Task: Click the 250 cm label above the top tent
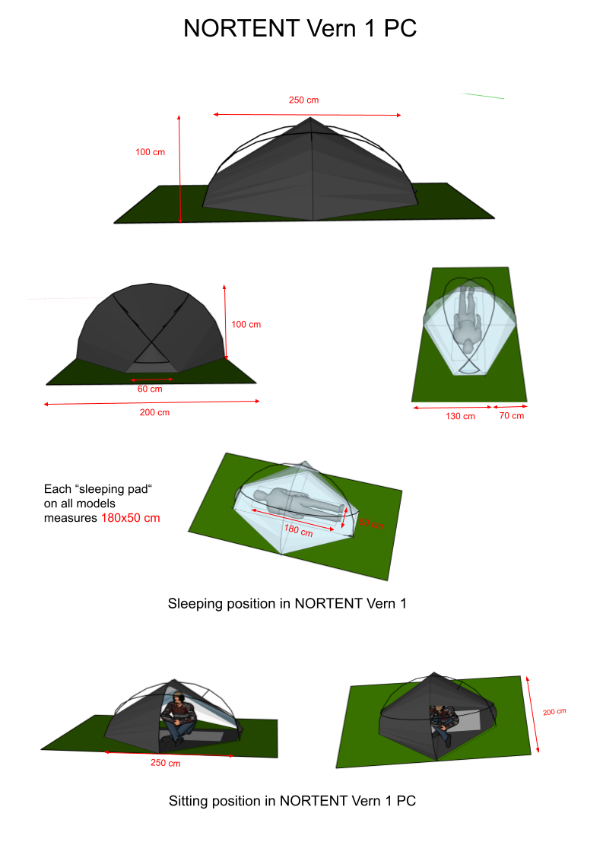point(303,100)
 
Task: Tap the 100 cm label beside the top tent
point(151,152)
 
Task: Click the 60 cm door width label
point(150,389)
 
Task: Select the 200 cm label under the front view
point(154,413)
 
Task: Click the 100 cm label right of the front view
point(246,325)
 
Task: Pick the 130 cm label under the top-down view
point(460,416)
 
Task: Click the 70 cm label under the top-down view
point(512,416)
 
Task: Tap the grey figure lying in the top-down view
point(465,323)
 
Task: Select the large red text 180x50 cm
point(131,518)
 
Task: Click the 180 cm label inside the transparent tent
point(298,531)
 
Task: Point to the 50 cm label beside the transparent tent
point(371,524)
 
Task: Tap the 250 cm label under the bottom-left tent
point(165,763)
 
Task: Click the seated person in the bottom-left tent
point(179,716)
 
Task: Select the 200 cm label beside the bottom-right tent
point(554,713)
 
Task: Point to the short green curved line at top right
point(480,96)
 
